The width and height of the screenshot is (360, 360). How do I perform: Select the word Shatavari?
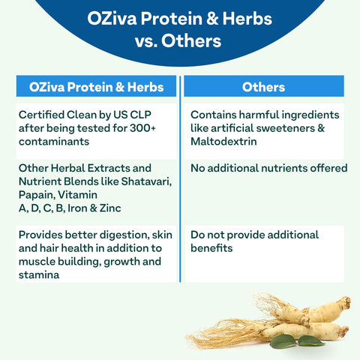[x=146, y=181]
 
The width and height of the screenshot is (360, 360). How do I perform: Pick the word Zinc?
[x=107, y=208]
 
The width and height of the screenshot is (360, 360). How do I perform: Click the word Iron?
[x=76, y=208]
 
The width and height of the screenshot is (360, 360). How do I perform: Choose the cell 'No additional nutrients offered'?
[x=268, y=168]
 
